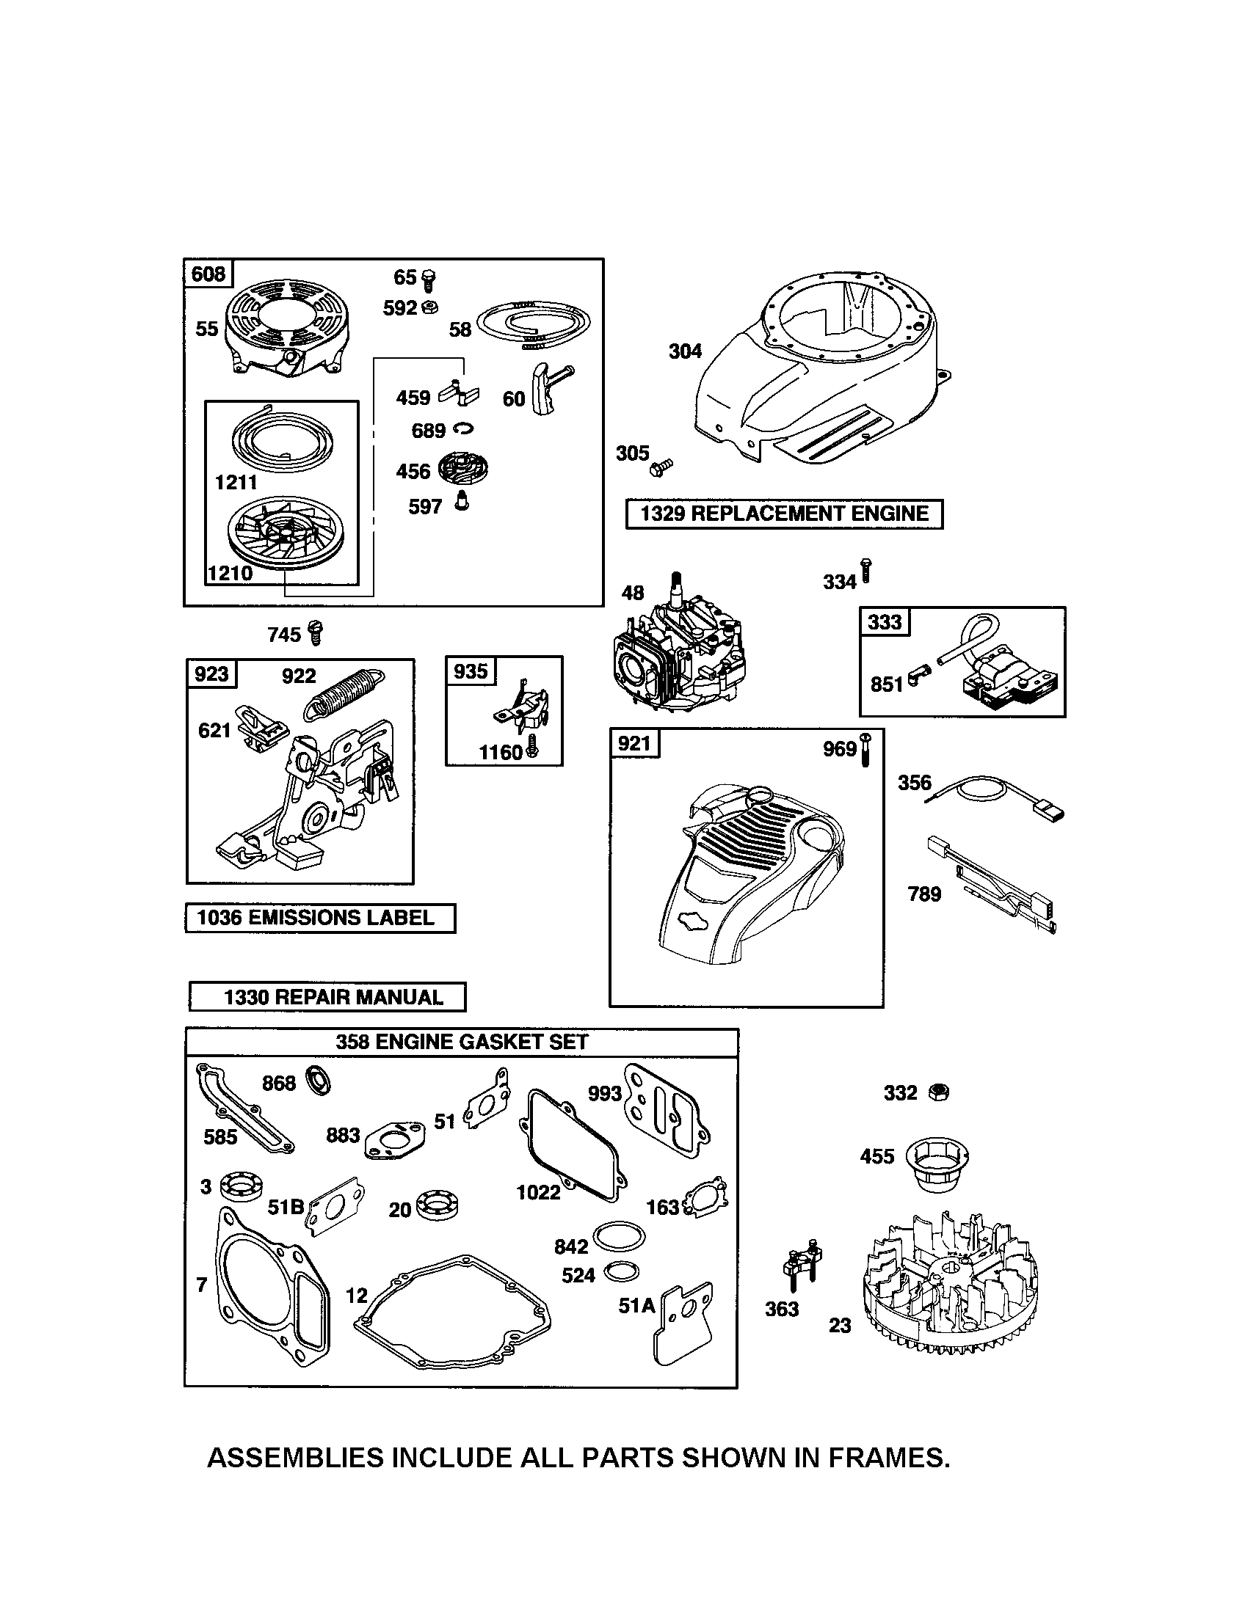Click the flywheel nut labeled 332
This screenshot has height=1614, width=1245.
tap(937, 1092)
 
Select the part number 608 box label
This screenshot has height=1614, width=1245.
tap(208, 274)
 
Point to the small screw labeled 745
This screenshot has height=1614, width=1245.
tap(316, 632)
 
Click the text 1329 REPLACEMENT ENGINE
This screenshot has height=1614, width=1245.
tap(784, 514)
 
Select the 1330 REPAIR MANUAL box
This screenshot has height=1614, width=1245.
tap(327, 997)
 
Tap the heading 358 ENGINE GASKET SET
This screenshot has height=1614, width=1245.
tap(461, 1042)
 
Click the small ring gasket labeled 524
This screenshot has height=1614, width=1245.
tap(621, 1272)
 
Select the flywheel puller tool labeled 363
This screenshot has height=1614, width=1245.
tap(805, 1269)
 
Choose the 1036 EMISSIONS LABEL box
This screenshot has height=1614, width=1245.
tap(320, 918)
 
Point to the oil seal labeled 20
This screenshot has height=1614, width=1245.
tap(437, 1204)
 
